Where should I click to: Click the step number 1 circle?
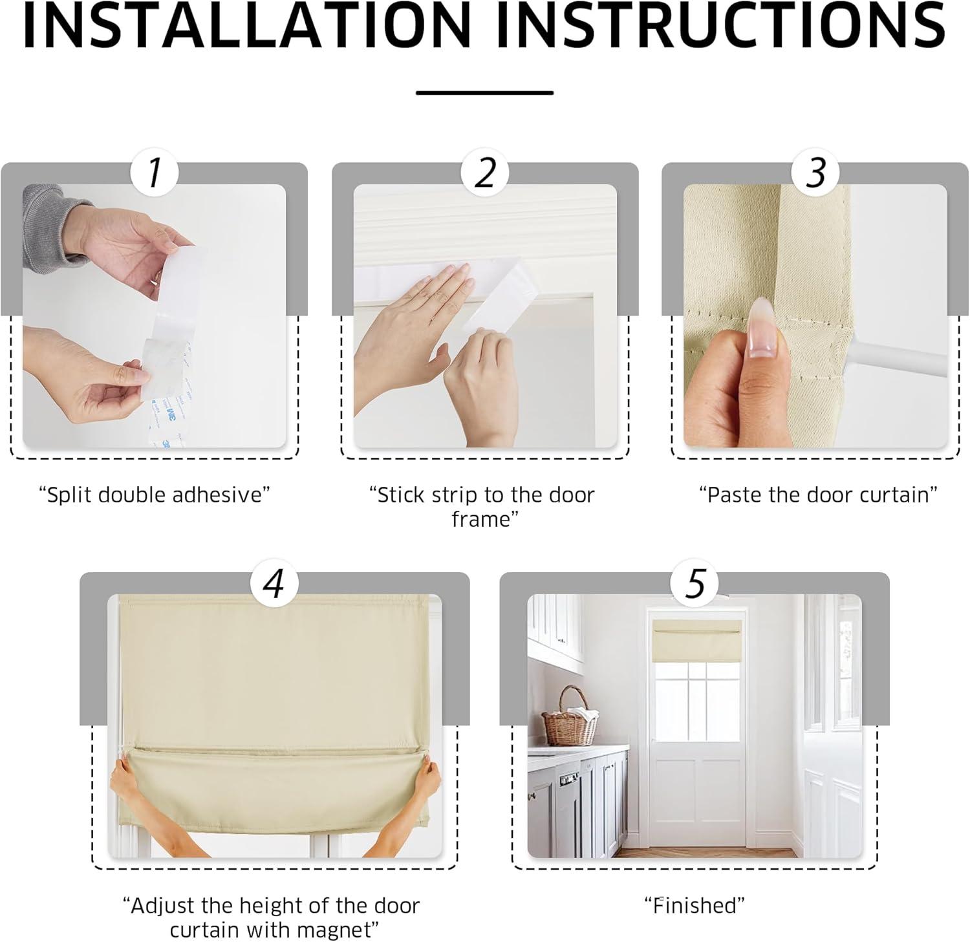[155, 173]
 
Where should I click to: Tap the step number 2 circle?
[485, 173]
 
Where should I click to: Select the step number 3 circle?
[816, 173]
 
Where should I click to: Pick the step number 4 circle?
[274, 583]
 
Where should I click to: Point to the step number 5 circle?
[695, 583]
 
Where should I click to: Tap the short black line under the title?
[485, 93]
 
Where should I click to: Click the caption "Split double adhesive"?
[155, 495]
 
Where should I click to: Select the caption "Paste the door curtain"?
[818, 495]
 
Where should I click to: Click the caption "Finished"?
[695, 905]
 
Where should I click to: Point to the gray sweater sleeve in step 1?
[52, 226]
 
